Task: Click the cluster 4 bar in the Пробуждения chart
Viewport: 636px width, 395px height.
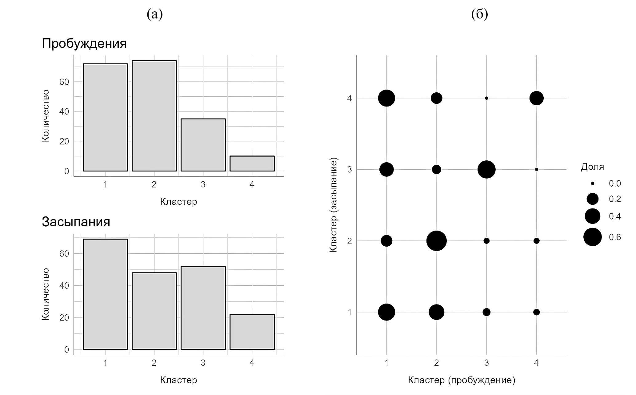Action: coord(252,163)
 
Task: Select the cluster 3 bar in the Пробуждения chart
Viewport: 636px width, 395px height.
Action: coord(203,145)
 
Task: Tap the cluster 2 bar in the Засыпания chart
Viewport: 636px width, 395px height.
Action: coord(154,311)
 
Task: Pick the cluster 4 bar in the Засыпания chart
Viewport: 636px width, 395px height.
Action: coord(252,332)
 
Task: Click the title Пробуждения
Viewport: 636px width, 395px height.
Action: coord(84,44)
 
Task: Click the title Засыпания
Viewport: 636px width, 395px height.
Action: coord(76,222)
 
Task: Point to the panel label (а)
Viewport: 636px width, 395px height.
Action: coord(154,14)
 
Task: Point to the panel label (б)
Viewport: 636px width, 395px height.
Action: coord(479,14)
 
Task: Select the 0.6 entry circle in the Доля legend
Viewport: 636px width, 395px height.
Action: coord(592,237)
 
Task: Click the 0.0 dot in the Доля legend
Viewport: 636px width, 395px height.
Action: coord(592,183)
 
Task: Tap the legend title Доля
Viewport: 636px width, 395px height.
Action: coord(592,167)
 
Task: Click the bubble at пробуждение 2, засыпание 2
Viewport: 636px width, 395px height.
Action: coord(436,241)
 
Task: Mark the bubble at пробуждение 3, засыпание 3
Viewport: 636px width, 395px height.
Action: coord(486,169)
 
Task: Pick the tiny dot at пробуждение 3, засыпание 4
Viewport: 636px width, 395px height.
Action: coord(486,98)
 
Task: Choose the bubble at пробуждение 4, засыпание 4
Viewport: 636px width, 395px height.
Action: coord(536,98)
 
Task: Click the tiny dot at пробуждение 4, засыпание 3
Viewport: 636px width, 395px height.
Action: coord(536,169)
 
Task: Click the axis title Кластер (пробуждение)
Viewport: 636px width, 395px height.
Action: coord(462,380)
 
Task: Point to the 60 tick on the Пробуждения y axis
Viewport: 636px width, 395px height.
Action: coord(64,82)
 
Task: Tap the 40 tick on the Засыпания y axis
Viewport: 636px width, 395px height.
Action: coord(64,286)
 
